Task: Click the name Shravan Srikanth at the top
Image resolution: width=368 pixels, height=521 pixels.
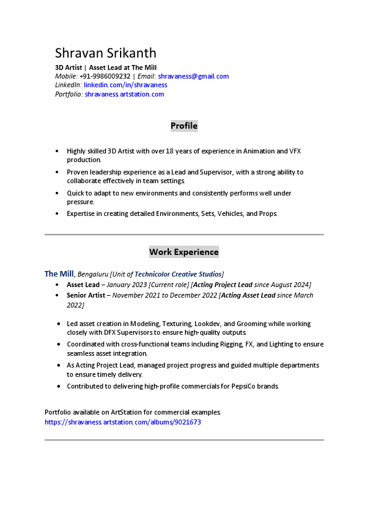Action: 105,53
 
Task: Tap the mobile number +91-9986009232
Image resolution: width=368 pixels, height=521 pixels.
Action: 105,76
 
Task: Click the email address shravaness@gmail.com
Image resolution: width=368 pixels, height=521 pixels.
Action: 193,76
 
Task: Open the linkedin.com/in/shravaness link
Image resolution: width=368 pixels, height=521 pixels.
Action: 126,85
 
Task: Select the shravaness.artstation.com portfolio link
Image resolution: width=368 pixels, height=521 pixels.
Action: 124,94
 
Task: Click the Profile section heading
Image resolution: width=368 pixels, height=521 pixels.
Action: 184,126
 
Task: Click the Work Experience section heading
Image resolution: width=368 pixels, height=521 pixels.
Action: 184,252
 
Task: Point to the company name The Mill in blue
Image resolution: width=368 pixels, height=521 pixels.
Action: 59,273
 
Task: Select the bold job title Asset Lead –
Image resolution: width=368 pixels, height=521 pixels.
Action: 85,285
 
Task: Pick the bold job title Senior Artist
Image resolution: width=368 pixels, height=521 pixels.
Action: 86,295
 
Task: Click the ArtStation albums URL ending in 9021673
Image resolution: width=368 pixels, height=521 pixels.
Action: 122,422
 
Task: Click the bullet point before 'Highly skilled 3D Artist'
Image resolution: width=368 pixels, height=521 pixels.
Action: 57,151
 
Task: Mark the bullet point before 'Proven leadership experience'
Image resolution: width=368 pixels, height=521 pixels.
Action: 57,172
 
